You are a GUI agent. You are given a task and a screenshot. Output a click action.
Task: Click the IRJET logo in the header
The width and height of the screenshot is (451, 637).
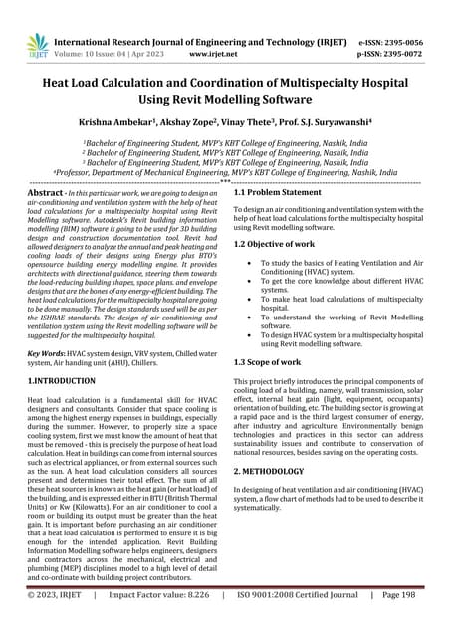37,43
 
